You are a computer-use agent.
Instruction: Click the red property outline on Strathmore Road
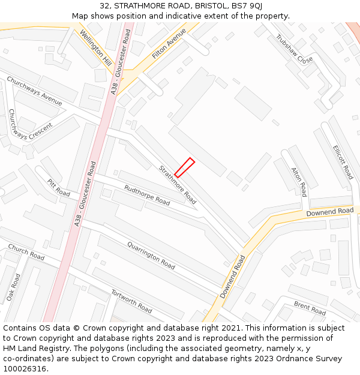pos(184,167)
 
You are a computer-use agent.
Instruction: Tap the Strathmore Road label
pos(177,184)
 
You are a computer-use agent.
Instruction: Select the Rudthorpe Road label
pos(146,195)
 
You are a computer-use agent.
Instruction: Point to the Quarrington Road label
pos(151,255)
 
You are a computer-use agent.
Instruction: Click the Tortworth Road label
pos(131,301)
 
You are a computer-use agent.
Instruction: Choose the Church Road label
pos(26,252)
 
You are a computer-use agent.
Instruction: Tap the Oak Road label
pos(13,287)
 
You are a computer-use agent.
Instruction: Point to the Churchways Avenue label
pos(34,91)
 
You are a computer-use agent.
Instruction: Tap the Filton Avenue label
pos(169,43)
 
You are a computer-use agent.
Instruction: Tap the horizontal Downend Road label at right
pos(329,212)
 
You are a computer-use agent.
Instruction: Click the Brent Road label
pos(310,308)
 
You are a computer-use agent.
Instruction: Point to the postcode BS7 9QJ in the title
pos(247,6)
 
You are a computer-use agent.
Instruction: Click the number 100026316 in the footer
pos(25,369)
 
